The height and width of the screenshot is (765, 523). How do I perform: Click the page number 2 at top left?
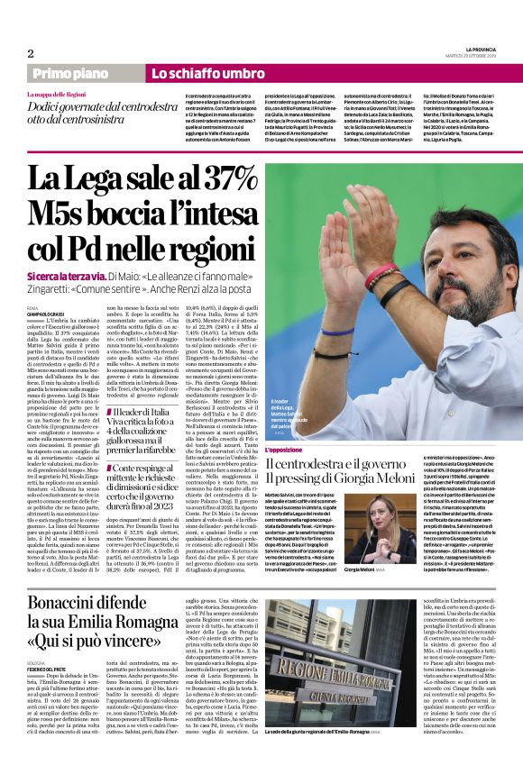(x=30, y=52)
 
